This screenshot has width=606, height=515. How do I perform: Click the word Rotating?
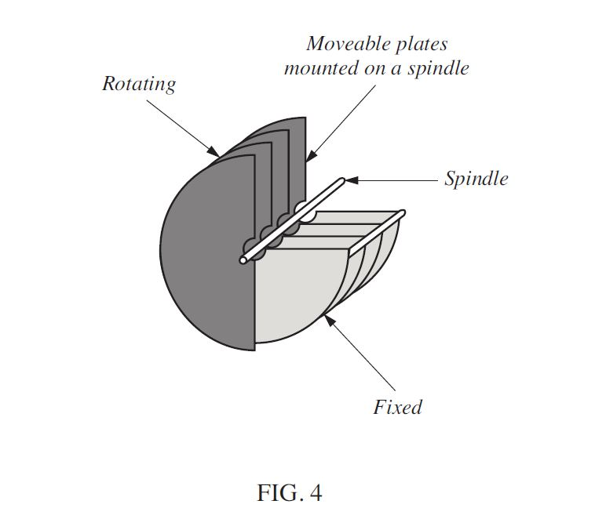click(138, 85)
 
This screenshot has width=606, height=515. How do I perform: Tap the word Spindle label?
click(476, 179)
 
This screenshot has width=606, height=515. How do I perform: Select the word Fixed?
click(397, 408)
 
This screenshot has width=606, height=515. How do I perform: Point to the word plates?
click(419, 44)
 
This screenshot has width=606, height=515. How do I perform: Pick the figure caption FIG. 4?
click(289, 493)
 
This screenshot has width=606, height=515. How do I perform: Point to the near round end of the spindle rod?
click(245, 259)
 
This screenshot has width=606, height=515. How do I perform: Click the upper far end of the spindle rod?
click(342, 181)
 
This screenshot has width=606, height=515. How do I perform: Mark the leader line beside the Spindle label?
click(396, 180)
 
